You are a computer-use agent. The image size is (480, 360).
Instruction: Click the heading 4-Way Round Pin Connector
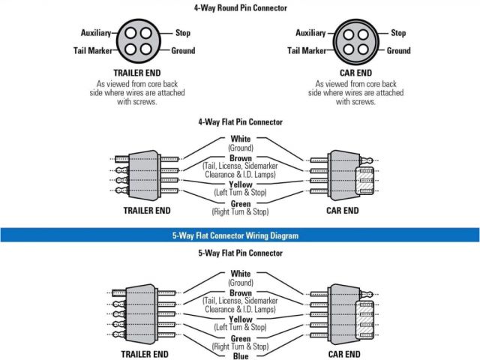click(x=240, y=7)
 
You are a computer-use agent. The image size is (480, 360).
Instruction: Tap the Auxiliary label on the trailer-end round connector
click(x=95, y=33)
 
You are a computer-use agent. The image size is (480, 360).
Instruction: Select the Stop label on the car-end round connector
click(x=398, y=33)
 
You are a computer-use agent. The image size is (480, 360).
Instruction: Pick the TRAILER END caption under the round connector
click(x=136, y=74)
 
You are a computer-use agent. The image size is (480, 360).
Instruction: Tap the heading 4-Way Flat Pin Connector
click(x=240, y=121)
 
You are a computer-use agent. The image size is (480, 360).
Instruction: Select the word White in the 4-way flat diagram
click(x=241, y=139)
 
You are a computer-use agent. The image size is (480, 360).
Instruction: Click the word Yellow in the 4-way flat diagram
click(x=241, y=184)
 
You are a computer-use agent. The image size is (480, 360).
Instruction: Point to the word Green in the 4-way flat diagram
click(x=241, y=203)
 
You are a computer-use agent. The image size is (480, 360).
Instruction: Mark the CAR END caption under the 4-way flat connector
click(x=344, y=211)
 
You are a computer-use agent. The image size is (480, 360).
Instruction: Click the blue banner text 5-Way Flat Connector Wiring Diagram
click(x=240, y=235)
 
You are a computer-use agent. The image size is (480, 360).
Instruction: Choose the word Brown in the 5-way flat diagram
click(x=241, y=292)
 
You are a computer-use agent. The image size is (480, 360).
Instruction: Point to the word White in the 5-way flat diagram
click(x=241, y=274)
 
